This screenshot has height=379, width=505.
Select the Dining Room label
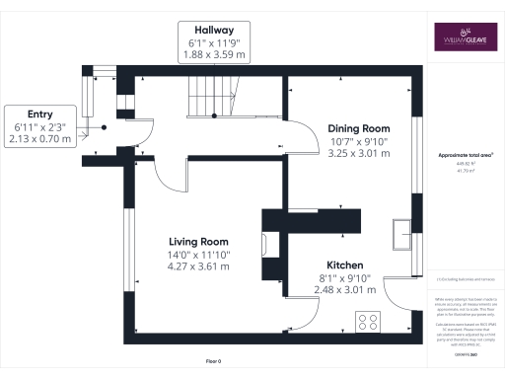coord(359,128)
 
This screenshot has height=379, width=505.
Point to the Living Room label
coord(198,242)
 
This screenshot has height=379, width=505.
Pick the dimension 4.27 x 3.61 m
coord(198,266)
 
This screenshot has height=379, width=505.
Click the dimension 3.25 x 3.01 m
coord(359,154)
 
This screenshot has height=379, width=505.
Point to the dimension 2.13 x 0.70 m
coord(39,140)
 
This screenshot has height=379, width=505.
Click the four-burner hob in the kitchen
coord(370,322)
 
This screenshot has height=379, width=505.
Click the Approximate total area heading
coord(466,156)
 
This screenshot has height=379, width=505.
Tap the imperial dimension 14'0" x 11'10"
coord(198,255)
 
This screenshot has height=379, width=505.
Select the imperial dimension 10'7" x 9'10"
coord(359,141)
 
